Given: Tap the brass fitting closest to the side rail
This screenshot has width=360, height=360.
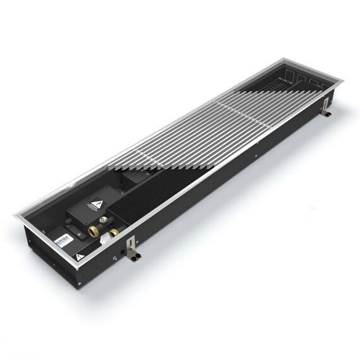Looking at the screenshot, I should coord(114,234).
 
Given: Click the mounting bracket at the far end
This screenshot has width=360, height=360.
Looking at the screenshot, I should coord(327,107).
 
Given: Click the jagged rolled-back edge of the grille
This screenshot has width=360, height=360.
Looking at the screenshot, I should coord(158,167).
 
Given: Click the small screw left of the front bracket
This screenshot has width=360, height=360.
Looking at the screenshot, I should coord(114,258).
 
